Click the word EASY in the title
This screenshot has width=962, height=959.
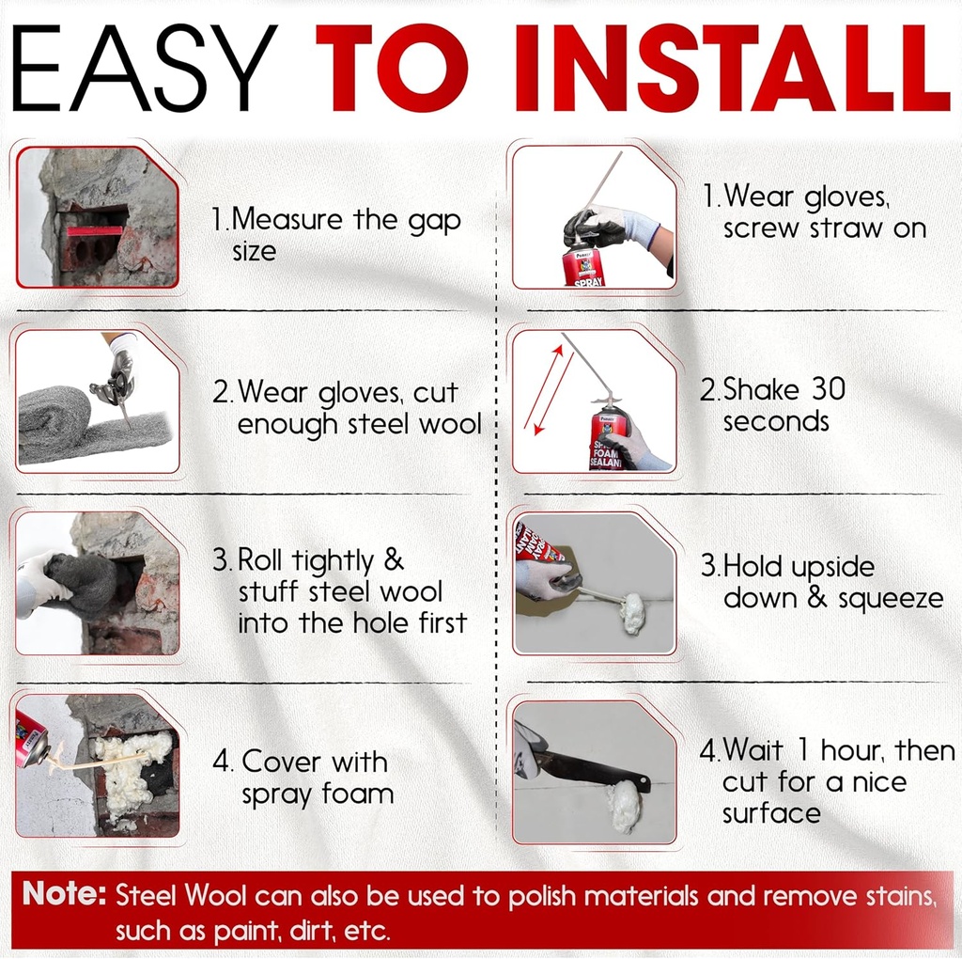coord(145,68)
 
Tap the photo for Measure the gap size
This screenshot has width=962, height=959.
coord(98,216)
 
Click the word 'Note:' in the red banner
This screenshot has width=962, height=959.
coord(64,894)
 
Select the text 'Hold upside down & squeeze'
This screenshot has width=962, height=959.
coord(822,582)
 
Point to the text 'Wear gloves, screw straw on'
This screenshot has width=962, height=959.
coord(814,212)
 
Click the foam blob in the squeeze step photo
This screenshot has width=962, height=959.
coord(632,612)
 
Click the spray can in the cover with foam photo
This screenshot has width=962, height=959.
coord(32,738)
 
